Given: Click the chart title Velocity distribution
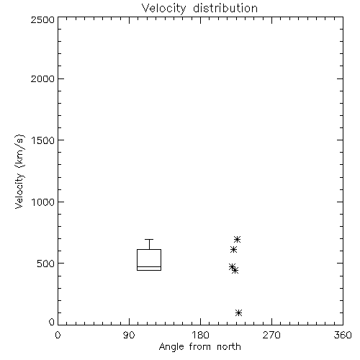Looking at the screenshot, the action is pos(199,9).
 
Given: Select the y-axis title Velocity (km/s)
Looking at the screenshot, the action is pos(19,171).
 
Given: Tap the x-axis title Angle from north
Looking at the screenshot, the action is pos(199,346).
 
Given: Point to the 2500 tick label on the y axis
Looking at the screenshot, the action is pos(42,19).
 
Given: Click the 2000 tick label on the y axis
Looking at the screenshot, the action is pos(42,78).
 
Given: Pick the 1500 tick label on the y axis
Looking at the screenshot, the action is pos(43,140).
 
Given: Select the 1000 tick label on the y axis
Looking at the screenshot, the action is pos(43,202).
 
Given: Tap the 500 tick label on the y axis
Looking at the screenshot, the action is pos(46,264).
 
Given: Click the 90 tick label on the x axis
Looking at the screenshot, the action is pos(129,335).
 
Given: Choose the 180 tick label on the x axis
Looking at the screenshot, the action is pos(200,335).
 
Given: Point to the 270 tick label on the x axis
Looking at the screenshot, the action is pos(271,335).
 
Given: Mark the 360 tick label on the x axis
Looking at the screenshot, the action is pos(343,335).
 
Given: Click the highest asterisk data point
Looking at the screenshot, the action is pos(237,239).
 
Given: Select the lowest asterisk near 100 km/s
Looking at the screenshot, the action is pos(238,312).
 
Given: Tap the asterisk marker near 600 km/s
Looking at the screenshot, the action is pos(233,250).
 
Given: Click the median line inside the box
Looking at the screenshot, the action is pos(149,266).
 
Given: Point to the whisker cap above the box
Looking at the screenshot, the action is pos(149,239).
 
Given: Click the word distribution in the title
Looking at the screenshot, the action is pos(225,9).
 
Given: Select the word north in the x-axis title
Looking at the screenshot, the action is pos(229,346).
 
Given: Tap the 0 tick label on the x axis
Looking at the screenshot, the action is pos(58,335).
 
